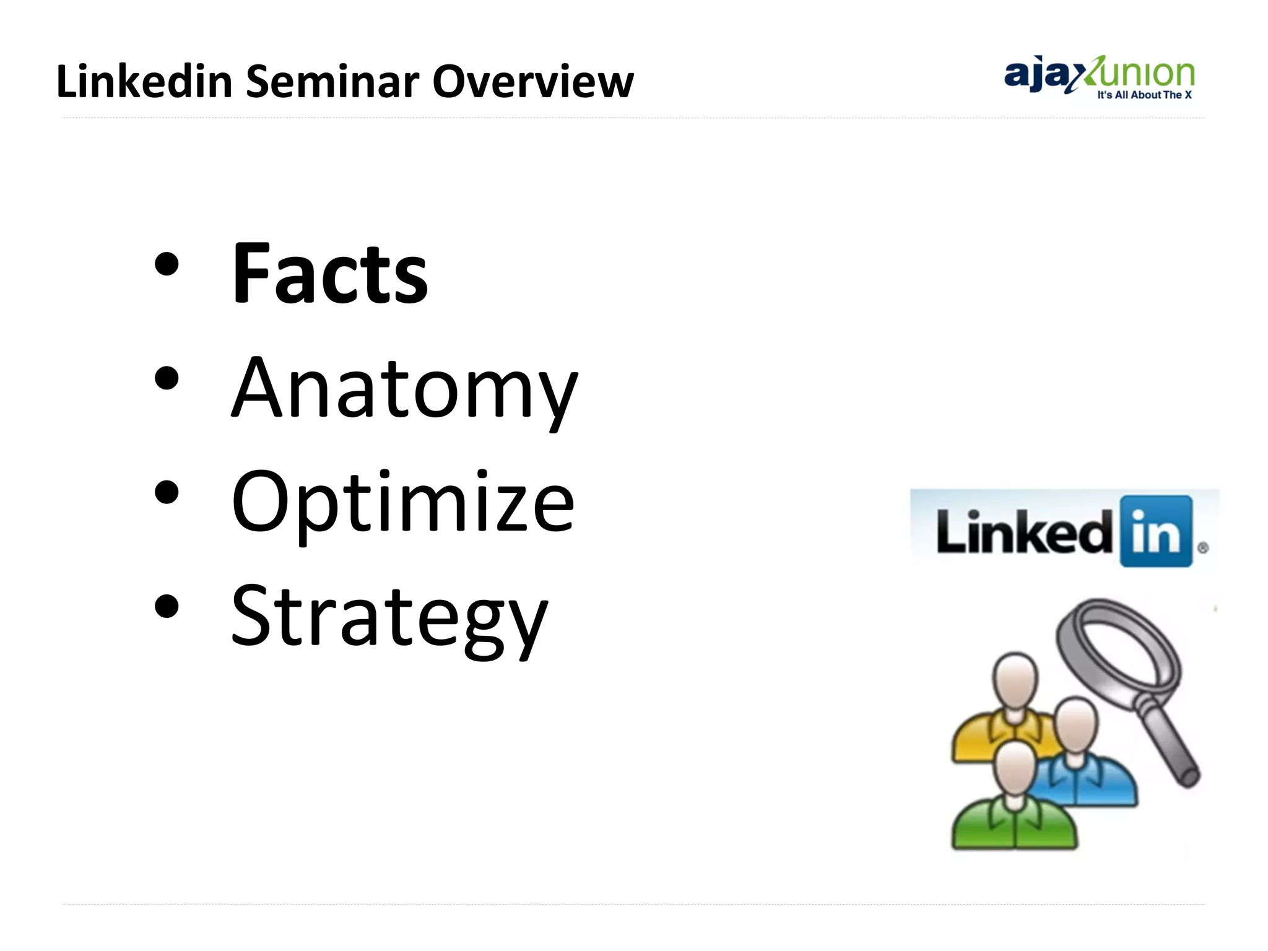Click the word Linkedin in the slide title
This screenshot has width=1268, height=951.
point(144,81)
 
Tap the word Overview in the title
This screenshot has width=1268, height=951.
point(532,81)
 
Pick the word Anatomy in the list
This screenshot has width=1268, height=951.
point(404,389)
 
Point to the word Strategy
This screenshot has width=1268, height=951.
point(389,617)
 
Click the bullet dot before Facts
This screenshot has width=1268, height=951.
point(167,265)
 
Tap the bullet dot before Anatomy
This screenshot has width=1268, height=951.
point(167,379)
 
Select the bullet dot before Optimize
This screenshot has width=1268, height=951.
point(167,493)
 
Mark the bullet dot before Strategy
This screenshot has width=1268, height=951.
point(167,607)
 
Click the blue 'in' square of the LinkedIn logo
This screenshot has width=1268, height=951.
point(1156,531)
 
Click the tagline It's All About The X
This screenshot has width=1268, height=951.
point(1144,95)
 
